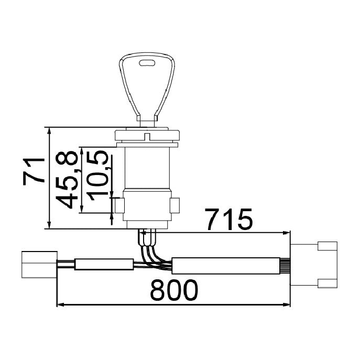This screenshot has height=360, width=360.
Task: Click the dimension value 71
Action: [34, 170]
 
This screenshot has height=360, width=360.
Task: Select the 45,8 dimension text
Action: [67, 180]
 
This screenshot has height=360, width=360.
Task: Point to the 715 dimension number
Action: [228, 220]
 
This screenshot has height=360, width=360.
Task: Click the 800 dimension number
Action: [174, 290]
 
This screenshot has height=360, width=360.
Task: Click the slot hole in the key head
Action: [147, 63]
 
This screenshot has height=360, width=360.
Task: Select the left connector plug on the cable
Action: [39, 265]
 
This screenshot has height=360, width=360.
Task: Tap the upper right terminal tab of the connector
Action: [328, 246]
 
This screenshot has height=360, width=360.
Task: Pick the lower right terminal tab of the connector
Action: [328, 283]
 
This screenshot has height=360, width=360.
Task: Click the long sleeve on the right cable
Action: [226, 266]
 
